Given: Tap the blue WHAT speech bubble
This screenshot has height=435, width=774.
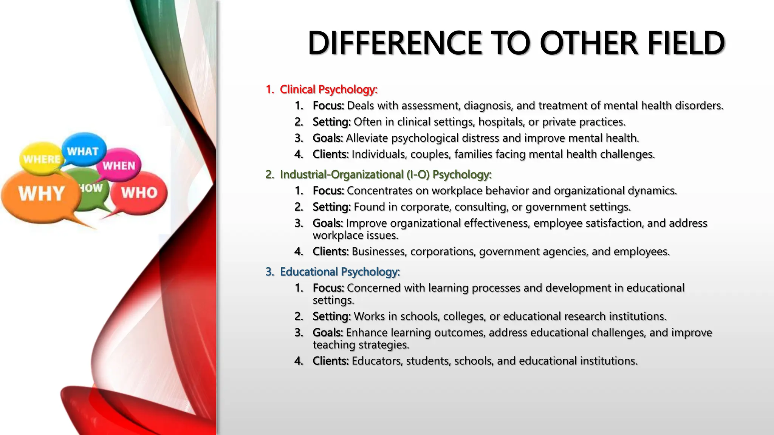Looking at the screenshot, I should pos(83,150).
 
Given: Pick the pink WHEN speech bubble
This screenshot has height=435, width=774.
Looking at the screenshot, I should pos(119,165).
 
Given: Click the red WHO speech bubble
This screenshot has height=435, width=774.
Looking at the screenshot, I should pos(139,193).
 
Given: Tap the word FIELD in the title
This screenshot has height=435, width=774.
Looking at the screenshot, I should pos(686,43).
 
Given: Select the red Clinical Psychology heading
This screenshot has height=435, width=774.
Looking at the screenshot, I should pos(328,89).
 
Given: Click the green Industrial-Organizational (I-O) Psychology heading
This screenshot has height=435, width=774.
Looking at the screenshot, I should pos(385,174).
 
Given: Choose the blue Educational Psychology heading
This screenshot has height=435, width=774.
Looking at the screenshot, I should pos(339,272).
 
